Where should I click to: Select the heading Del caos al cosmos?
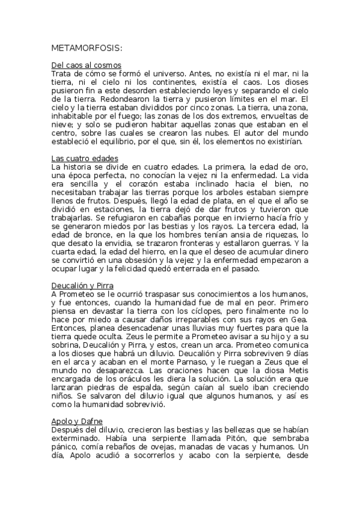coord(87,64)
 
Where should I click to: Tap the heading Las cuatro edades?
coord(84,158)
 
